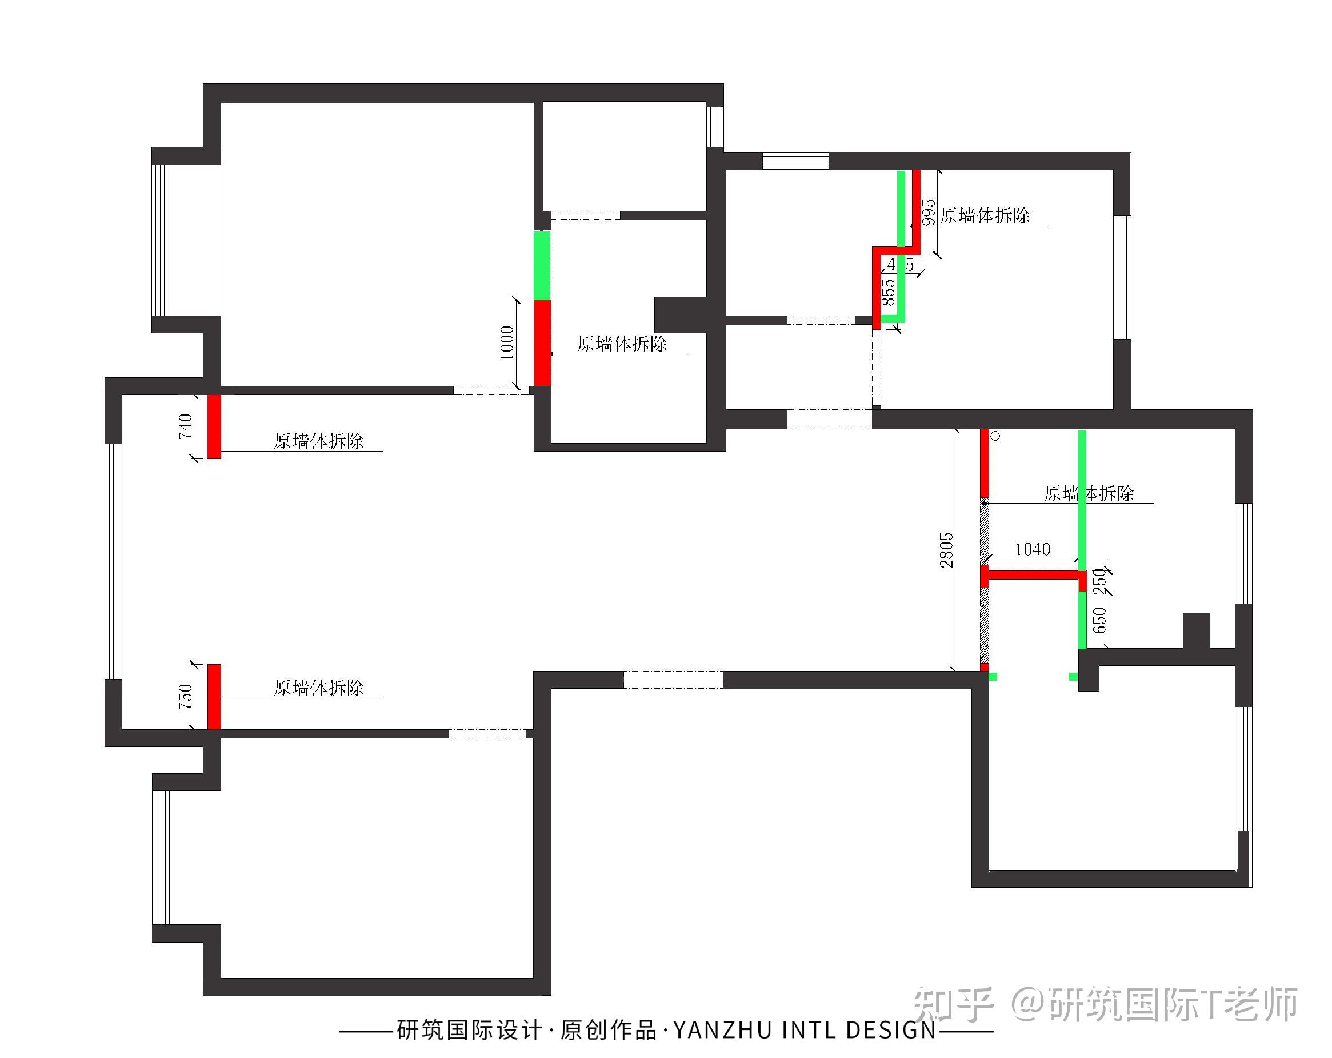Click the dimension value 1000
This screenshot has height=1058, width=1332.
pyautogui.click(x=507, y=343)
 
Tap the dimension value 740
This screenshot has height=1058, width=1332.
pyautogui.click(x=185, y=427)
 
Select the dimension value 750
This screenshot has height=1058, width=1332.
pyautogui.click(x=185, y=697)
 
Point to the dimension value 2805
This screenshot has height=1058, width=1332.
pyautogui.click(x=946, y=550)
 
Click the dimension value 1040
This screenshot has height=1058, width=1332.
pyautogui.click(x=1033, y=549)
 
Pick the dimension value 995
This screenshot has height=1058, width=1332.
pyautogui.click(x=928, y=213)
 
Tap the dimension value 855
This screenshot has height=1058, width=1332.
pyautogui.click(x=889, y=292)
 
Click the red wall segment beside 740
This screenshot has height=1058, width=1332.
pyautogui.click(x=214, y=427)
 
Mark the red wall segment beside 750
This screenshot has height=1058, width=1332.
pyautogui.click(x=214, y=697)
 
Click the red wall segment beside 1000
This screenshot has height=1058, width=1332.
pyautogui.click(x=542, y=343)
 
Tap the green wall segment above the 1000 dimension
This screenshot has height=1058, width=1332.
pyautogui.click(x=542, y=265)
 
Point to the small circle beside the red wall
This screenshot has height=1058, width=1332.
pyautogui.click(x=995, y=436)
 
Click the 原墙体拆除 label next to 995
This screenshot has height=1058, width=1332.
pyautogui.click(x=985, y=215)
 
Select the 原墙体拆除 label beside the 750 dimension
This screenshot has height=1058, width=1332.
pyautogui.click(x=319, y=688)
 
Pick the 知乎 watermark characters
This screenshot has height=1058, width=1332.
pyautogui.click(x=953, y=1004)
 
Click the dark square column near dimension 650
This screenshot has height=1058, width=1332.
pyautogui.click(x=1196, y=630)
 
